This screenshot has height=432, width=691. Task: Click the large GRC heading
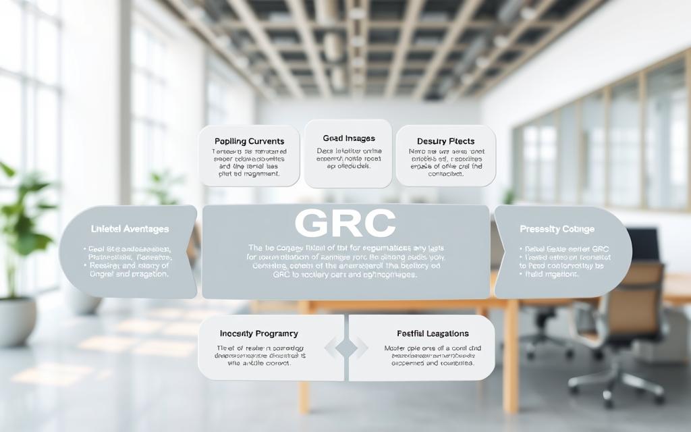(345, 223)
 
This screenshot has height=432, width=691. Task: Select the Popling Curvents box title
(249, 141)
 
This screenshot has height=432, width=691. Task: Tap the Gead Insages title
(348, 138)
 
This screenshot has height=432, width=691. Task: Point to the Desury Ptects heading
(445, 141)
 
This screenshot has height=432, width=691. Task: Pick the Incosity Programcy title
(258, 333)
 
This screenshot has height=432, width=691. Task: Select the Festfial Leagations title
(433, 333)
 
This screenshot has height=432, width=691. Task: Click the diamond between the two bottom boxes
(346, 348)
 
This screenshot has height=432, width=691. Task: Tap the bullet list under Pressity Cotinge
(557, 261)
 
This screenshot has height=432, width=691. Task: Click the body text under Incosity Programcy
(258, 354)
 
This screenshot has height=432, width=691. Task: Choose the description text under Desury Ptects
(445, 162)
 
